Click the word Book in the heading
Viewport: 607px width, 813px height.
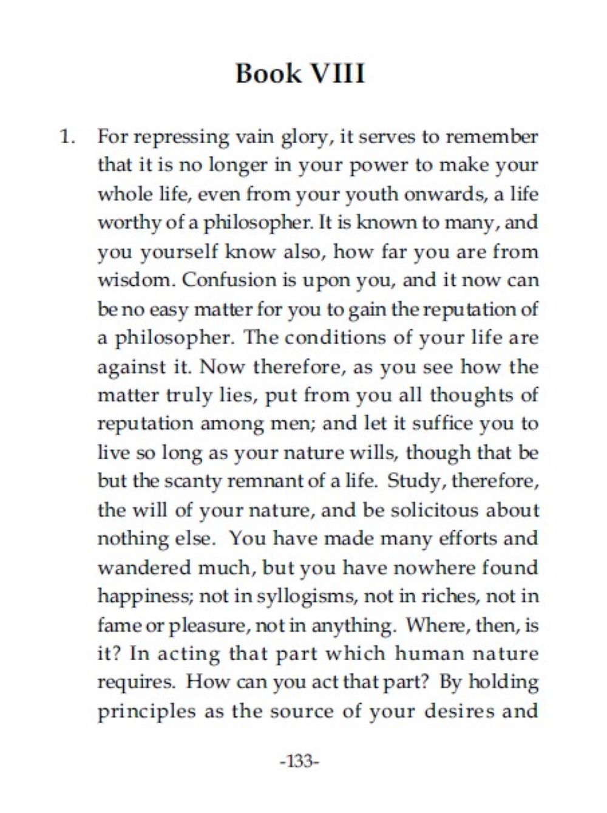(x=268, y=74)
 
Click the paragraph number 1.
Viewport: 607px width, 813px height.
(x=67, y=137)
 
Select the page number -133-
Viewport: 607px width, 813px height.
(x=299, y=760)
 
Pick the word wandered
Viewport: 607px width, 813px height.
(x=144, y=567)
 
